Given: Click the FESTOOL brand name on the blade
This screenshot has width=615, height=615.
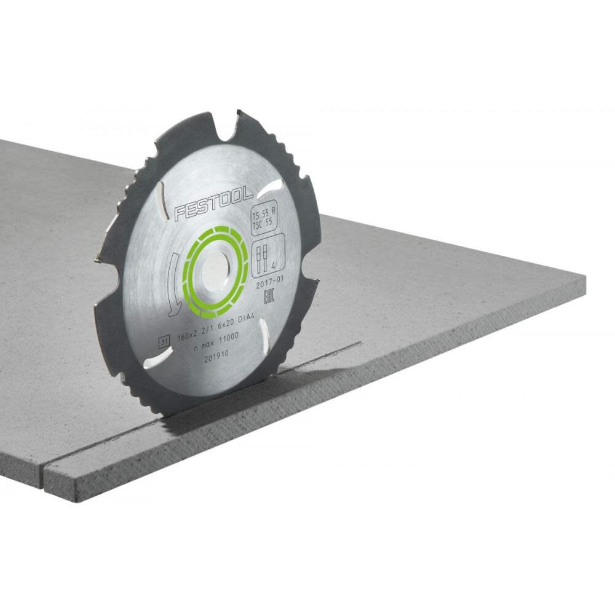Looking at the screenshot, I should click(x=213, y=204).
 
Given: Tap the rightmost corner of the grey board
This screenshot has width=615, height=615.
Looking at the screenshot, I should click(x=584, y=279).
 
